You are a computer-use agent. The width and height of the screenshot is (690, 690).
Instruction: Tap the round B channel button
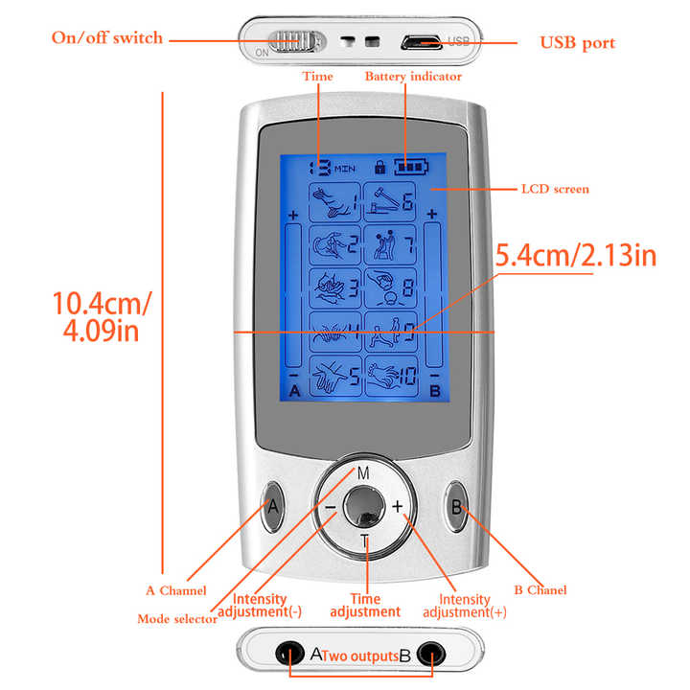pyautogui.click(x=455, y=507)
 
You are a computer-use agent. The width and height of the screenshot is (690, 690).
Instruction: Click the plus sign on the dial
pyautogui.click(x=397, y=507)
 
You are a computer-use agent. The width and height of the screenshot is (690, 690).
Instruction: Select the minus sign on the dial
pyautogui.click(x=330, y=507)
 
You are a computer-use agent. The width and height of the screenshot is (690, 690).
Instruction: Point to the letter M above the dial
pyautogui.click(x=363, y=473)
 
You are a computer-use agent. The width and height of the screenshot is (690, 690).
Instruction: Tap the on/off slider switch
pyautogui.click(x=290, y=42)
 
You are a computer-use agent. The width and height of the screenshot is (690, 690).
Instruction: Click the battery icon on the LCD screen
pyautogui.click(x=413, y=167)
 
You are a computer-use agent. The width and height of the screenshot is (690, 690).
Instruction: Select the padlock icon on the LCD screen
pyautogui.click(x=381, y=167)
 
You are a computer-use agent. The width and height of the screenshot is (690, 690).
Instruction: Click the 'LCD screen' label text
pyautogui.click(x=555, y=189)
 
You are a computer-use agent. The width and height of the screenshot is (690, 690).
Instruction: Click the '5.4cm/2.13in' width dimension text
pyautogui.click(x=575, y=258)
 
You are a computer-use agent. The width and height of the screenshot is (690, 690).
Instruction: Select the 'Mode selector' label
pyautogui.click(x=177, y=619)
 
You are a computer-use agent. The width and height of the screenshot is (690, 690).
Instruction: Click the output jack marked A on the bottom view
pyautogui.click(x=287, y=655)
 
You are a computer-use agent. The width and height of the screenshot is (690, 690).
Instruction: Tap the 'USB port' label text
pyautogui.click(x=577, y=43)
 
